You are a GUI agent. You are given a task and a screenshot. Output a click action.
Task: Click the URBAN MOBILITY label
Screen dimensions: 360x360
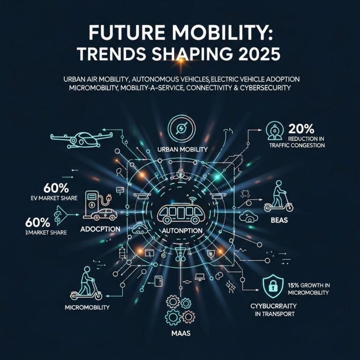pos(180,150)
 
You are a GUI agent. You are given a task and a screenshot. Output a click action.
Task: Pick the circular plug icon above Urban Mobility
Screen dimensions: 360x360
pos(180,128)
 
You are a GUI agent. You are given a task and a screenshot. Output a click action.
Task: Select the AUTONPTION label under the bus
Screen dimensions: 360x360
pos(180,231)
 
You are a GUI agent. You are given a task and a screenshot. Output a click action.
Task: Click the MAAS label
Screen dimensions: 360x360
pos(180,334)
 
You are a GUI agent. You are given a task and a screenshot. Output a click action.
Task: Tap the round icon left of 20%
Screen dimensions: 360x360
pos(272,131)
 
